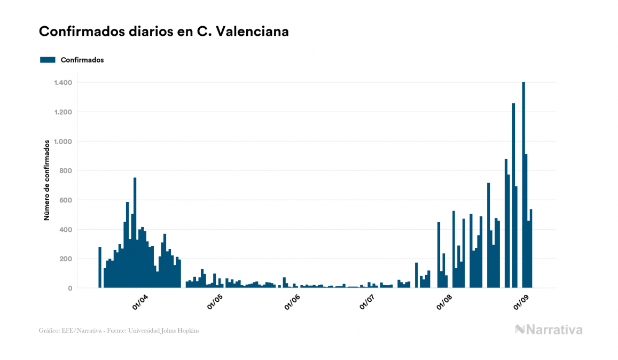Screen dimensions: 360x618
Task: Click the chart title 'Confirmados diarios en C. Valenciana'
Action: click(164, 32)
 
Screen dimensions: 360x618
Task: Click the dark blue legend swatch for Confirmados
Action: click(48, 60)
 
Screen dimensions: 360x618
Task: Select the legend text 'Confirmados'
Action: click(82, 60)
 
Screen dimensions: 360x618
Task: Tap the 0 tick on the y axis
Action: click(69, 288)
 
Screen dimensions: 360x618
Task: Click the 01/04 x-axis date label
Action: click(140, 302)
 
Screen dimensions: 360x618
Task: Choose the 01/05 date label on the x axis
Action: click(216, 302)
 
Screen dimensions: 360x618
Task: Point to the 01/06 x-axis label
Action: click(292, 302)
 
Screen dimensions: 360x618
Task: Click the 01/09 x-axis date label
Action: click(520, 302)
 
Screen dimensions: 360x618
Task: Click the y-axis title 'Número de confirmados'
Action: click(47, 181)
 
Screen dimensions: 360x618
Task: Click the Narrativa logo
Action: click(549, 330)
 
